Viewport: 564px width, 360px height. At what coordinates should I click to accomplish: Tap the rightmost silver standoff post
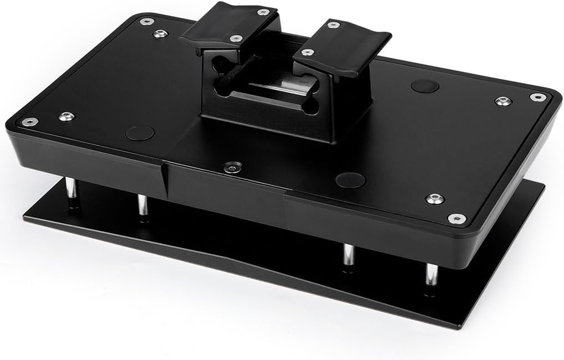point(432,274)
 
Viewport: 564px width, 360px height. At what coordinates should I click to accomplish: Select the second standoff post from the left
point(143,205)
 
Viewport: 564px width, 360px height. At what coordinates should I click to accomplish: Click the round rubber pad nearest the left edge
point(140,133)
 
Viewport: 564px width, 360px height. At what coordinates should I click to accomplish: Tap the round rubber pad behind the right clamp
point(424,86)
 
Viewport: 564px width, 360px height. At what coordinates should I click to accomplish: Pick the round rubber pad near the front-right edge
point(350,180)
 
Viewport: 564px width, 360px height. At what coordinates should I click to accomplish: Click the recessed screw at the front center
point(233,167)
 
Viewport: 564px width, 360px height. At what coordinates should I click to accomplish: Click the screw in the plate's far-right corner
point(538,97)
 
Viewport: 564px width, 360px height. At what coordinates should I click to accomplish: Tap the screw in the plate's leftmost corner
point(30,121)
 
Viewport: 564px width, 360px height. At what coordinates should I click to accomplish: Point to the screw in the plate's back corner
point(146,21)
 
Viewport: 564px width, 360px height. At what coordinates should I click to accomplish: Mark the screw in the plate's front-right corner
point(457,218)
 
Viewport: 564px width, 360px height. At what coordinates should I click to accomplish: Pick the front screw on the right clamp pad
point(307,52)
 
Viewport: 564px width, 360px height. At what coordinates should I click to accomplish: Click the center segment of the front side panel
point(225,193)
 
